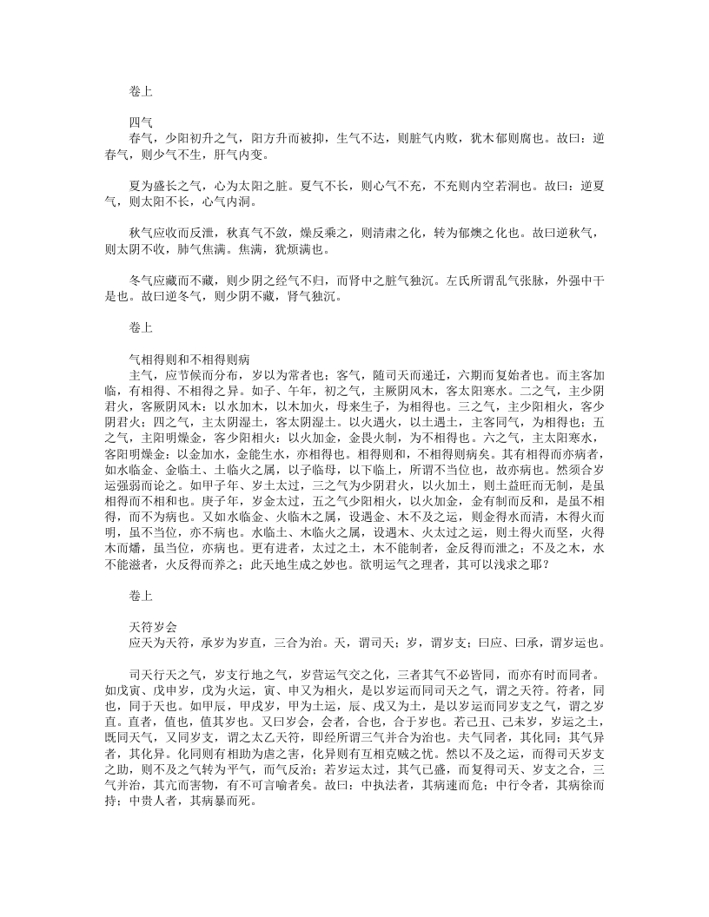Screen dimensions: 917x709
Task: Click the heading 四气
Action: (140, 122)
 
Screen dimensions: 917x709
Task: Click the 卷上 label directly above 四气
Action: (140, 89)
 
